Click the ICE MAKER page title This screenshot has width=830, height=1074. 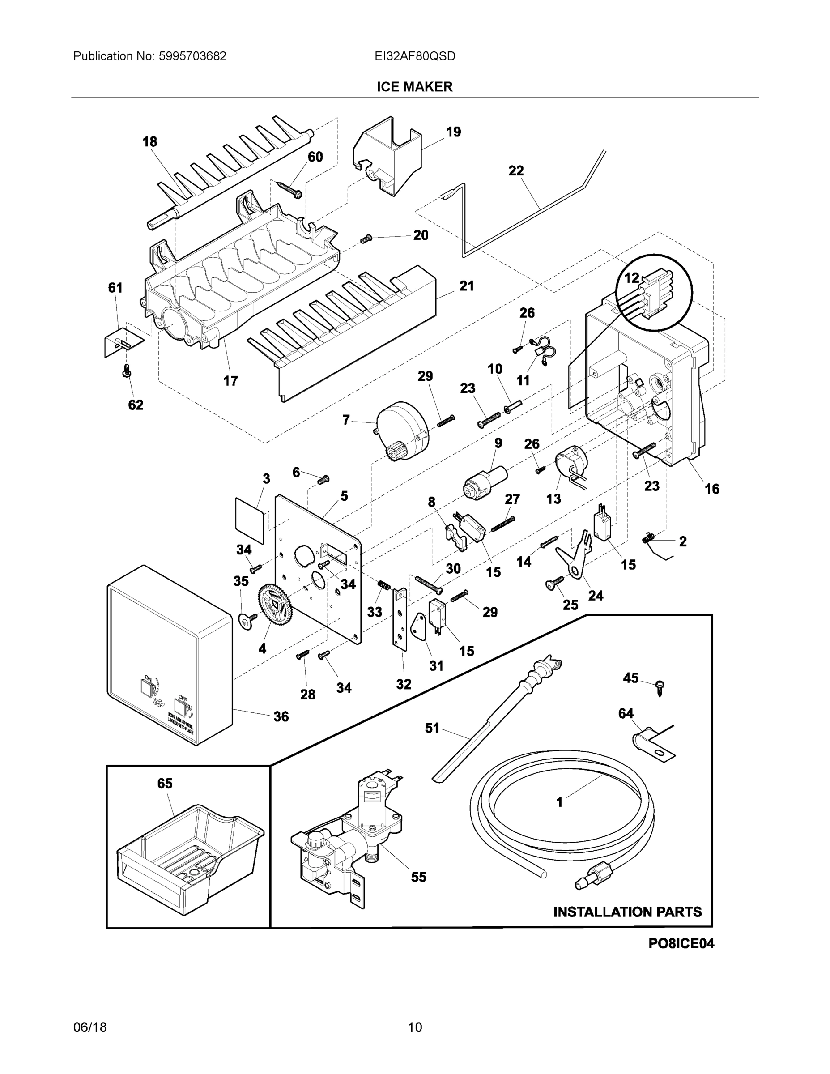tap(414, 87)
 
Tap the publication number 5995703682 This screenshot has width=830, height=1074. tap(192, 56)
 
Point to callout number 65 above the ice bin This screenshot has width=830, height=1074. tap(165, 784)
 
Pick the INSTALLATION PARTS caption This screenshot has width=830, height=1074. tap(627, 912)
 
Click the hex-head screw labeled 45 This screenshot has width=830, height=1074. tap(660, 686)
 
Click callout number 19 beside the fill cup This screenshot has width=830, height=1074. tap(453, 132)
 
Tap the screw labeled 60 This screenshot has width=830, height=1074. tap(290, 189)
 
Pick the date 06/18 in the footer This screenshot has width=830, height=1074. tap(89, 1027)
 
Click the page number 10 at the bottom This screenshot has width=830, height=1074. tap(414, 1027)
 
